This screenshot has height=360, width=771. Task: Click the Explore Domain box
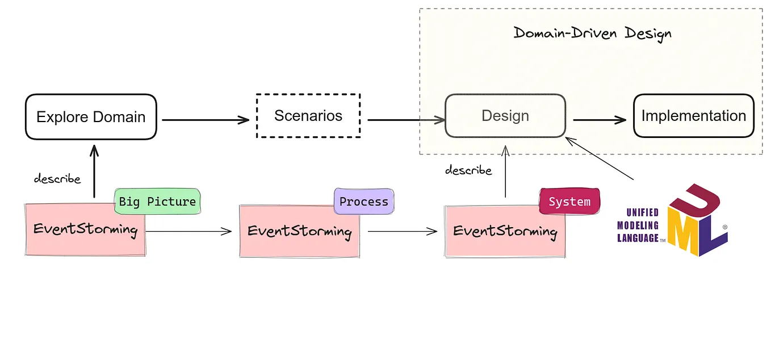(x=91, y=117)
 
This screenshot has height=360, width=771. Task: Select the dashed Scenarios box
(x=308, y=116)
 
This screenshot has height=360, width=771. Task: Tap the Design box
(x=505, y=116)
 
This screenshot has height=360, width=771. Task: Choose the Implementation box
(x=693, y=116)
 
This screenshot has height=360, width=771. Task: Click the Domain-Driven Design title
(x=592, y=33)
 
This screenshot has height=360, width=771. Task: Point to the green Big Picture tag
(x=157, y=202)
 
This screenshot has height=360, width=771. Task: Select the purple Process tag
(x=363, y=202)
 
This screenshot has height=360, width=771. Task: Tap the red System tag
(x=569, y=202)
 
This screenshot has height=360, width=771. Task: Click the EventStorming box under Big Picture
(x=85, y=230)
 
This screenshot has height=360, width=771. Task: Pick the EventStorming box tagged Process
(x=299, y=232)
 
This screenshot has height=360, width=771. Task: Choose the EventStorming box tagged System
(x=505, y=232)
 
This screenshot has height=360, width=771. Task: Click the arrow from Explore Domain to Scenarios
(x=206, y=119)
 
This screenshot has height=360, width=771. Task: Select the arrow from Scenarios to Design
(x=405, y=120)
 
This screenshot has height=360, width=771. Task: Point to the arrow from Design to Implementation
(x=600, y=120)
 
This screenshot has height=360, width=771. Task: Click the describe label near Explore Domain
(x=57, y=179)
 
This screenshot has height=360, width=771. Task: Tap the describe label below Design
(x=468, y=170)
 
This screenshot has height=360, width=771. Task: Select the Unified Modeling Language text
(x=639, y=225)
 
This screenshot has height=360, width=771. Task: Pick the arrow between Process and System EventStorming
(x=402, y=231)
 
